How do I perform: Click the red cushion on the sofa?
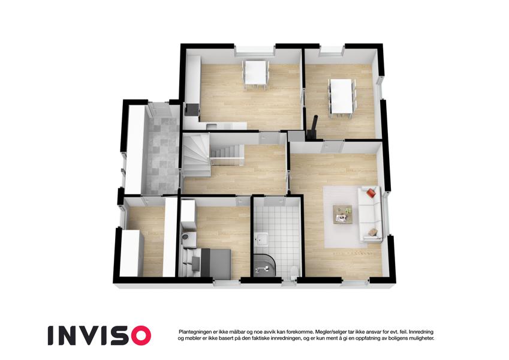[x=372, y=193]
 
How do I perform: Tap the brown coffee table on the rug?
[x=342, y=214]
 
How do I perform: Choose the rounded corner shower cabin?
[x=264, y=264]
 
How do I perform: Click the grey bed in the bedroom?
[x=213, y=263]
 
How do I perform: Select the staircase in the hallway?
[x=198, y=155]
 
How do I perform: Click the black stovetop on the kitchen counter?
[x=192, y=110]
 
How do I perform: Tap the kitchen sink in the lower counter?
[x=211, y=126]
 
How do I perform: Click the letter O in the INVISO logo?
[x=140, y=335]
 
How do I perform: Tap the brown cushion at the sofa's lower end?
[x=372, y=232]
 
